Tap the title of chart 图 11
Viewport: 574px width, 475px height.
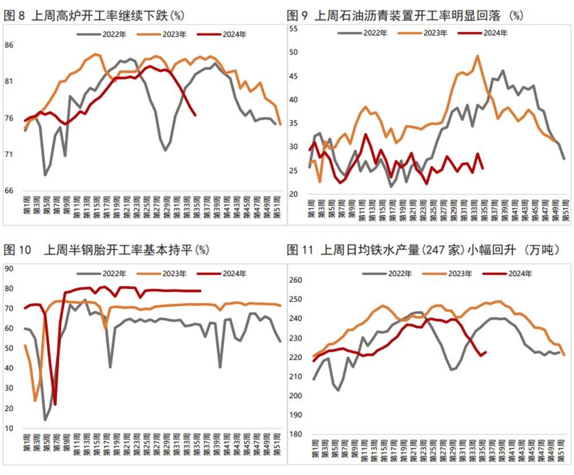tap(423, 250)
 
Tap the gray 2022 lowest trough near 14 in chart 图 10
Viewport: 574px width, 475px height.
tap(45, 420)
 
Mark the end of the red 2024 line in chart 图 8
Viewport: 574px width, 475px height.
tap(196, 115)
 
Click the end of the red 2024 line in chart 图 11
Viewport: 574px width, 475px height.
tap(485, 352)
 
